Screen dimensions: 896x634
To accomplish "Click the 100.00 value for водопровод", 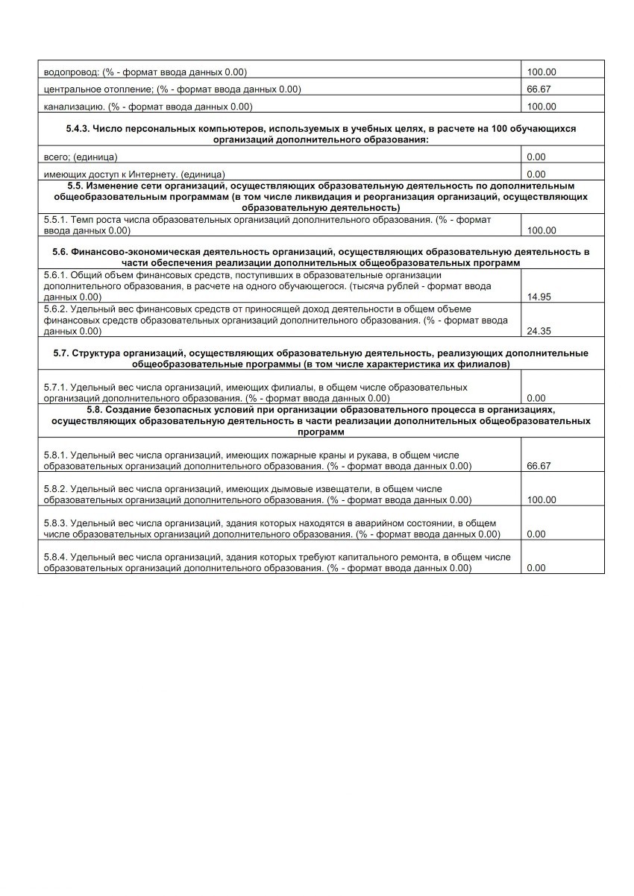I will pos(542,72).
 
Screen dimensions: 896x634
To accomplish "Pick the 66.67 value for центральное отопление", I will pos(539,89).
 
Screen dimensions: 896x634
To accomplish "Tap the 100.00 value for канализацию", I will pos(542,107).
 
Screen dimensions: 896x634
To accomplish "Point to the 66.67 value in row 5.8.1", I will pos(539,466).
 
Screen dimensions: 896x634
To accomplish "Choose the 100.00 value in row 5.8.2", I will pos(542,499).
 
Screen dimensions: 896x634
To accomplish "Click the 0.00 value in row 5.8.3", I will pos(536,534).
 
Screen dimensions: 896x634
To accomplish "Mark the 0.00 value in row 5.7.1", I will pos(536,398).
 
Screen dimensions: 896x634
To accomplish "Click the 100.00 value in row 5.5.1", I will pos(542,231).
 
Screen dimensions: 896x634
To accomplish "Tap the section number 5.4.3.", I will pos(79,129).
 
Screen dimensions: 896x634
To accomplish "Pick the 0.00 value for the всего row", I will pos(536,157).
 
